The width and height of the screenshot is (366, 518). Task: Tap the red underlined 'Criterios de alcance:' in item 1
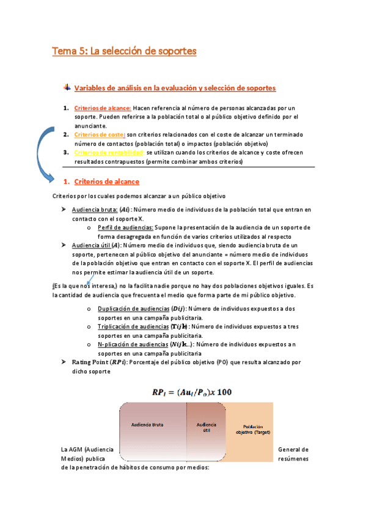point(98,108)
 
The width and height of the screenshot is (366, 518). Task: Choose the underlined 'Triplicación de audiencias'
point(133,327)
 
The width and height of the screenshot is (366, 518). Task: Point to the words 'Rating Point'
point(90,362)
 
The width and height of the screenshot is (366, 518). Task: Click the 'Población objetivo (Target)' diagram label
point(253,429)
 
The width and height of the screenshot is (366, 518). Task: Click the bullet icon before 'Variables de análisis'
point(67,87)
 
